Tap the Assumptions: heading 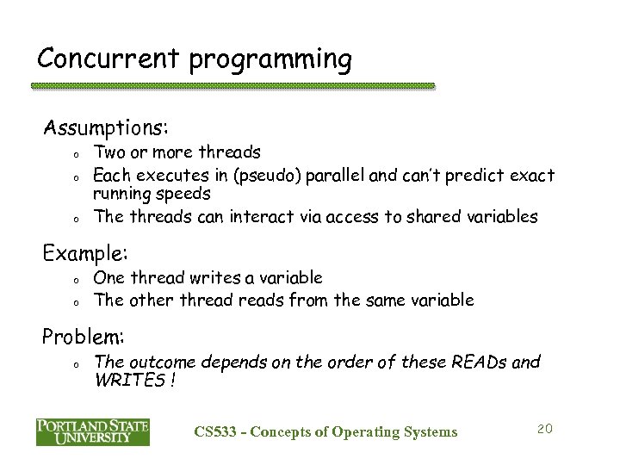point(106,128)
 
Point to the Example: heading point(86,254)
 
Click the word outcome point(157,362)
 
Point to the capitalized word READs point(476,362)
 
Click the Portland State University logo point(92,431)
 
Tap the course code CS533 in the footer point(213,431)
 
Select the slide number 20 point(542,429)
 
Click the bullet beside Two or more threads point(77,155)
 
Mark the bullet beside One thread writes point(77,280)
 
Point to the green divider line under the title point(232,86)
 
